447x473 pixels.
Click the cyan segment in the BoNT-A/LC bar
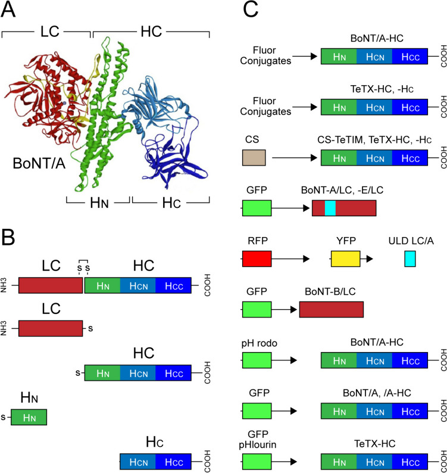coord(330,207)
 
